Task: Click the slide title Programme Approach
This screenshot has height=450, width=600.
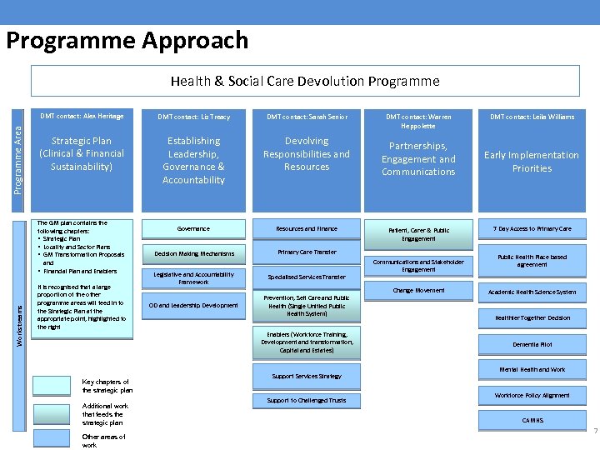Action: click(x=127, y=40)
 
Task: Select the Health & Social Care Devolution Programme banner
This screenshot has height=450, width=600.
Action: click(x=305, y=81)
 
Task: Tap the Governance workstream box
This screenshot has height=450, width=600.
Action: click(x=193, y=228)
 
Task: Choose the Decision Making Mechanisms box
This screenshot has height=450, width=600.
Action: click(x=193, y=253)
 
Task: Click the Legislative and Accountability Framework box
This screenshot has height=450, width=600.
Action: click(x=193, y=278)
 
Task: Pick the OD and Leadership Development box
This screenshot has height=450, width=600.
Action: click(x=193, y=305)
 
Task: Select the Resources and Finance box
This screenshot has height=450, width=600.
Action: click(x=307, y=228)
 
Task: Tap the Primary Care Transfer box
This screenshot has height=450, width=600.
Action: click(x=307, y=252)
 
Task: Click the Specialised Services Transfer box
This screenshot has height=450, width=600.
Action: click(x=307, y=277)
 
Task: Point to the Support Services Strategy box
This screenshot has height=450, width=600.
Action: click(x=307, y=376)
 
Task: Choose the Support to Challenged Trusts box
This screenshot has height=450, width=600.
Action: click(x=307, y=401)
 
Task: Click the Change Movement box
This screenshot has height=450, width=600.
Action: click(x=418, y=291)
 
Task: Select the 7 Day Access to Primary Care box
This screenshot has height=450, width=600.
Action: click(x=532, y=228)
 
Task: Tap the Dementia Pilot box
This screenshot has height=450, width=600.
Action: click(x=532, y=344)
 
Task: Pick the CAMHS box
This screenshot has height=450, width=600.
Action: click(x=532, y=421)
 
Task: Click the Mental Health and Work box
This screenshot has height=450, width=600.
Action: click(x=532, y=369)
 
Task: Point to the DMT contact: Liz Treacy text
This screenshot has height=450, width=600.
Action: click(x=193, y=117)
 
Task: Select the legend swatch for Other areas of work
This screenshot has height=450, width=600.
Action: click(x=52, y=438)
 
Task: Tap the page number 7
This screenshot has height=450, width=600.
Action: click(x=595, y=431)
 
